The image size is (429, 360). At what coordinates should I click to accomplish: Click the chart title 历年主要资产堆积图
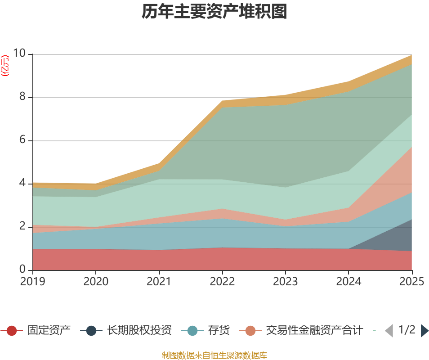[214, 12]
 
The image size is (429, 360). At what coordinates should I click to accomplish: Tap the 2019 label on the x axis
[32, 281]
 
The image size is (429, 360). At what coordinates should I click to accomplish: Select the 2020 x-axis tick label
[96, 281]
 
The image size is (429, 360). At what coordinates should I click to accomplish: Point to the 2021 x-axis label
[159, 281]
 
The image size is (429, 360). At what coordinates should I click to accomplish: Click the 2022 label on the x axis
[222, 281]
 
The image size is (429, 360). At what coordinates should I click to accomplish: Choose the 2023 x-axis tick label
[286, 281]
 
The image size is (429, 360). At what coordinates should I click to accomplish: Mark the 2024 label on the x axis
[349, 281]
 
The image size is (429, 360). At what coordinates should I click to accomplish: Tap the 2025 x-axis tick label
[411, 281]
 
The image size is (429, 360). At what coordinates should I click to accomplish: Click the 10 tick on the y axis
[19, 53]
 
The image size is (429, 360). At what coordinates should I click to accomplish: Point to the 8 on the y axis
[22, 97]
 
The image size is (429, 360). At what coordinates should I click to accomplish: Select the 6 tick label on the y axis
[22, 140]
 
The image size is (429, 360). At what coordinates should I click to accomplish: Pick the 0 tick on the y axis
[22, 270]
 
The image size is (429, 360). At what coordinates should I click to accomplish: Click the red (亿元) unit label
[5, 65]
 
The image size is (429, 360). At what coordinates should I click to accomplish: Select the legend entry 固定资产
[36, 330]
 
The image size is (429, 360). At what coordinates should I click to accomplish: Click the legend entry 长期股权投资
[126, 330]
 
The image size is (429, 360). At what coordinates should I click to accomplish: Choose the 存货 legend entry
[206, 330]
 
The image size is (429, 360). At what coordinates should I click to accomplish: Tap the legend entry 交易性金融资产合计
[301, 330]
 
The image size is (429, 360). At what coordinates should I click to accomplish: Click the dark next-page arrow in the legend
[425, 331]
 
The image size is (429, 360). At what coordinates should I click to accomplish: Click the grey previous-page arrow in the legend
[389, 331]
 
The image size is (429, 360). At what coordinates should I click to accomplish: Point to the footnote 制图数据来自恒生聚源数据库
[214, 355]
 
